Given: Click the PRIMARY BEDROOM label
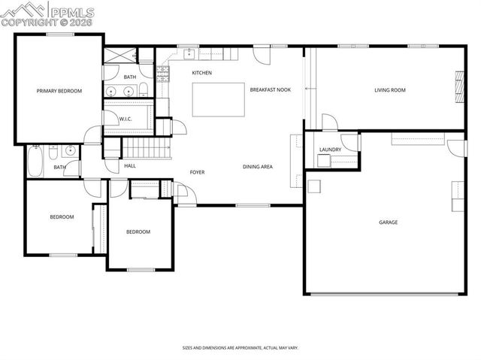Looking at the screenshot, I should [59, 91].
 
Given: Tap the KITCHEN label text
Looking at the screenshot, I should [201, 73].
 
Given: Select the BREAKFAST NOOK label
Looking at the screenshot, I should [270, 89].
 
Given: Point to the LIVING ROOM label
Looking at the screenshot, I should [390, 90].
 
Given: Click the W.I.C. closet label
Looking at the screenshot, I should [126, 119].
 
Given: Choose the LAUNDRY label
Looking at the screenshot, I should [330, 150].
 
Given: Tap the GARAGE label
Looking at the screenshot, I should [388, 222].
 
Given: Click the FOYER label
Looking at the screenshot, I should [197, 172].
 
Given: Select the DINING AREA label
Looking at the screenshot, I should [257, 166].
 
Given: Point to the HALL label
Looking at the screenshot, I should [130, 165].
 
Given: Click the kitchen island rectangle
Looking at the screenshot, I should [218, 99].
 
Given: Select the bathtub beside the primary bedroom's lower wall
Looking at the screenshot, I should [35, 160].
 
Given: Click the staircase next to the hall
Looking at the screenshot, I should [146, 148].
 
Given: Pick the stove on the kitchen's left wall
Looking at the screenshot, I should [162, 72].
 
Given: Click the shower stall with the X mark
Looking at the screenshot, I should [118, 56].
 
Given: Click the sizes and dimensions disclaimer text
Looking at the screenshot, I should [240, 348].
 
